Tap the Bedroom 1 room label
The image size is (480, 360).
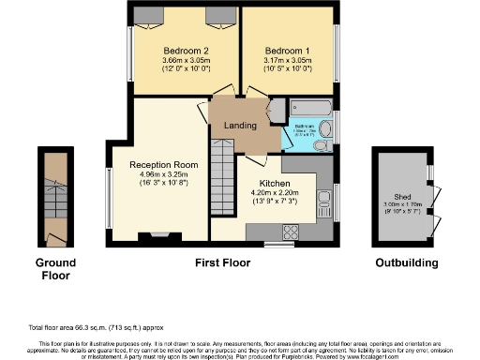288,50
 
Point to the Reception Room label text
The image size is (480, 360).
159,163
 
